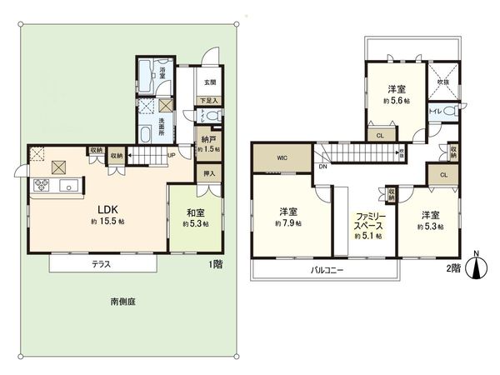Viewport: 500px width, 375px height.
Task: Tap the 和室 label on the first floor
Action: (196, 212)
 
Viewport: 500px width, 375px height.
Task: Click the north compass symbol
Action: (476, 266)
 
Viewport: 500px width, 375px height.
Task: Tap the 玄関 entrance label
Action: (209, 82)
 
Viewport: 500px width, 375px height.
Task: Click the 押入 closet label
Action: (209, 173)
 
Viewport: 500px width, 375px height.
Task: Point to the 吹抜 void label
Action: (442, 82)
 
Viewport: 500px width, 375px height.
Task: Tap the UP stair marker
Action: (171, 154)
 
